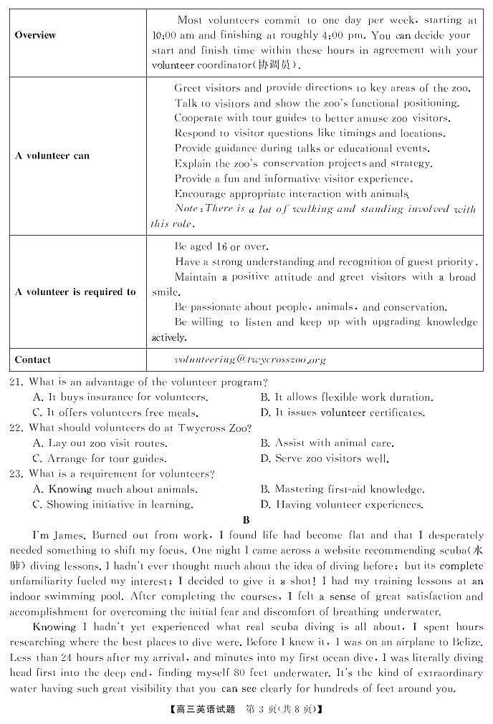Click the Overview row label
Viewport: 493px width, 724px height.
[x=35, y=35]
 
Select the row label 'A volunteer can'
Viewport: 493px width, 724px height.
[x=52, y=155]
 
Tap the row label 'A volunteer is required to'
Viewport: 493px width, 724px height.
[x=75, y=291]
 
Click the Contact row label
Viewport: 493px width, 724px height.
[x=33, y=359]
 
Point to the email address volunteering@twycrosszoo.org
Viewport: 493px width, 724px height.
[x=249, y=359]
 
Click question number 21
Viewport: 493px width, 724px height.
[x=16, y=382]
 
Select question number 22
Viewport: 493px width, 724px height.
[x=16, y=428]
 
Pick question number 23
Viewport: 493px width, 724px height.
[x=16, y=474]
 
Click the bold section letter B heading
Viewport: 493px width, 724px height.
[x=247, y=520]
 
